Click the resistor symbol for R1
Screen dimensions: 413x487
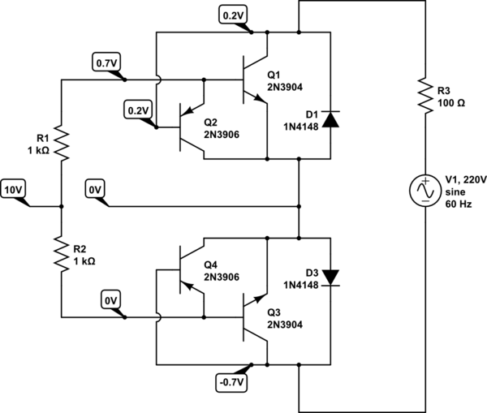tap(61, 144)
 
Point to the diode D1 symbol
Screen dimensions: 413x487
tap(330, 119)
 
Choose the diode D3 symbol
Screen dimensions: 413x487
tap(330, 276)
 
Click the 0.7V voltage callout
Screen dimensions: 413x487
tap(106, 62)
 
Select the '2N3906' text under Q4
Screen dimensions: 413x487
tap(221, 277)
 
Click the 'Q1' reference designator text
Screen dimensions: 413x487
tap(274, 73)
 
